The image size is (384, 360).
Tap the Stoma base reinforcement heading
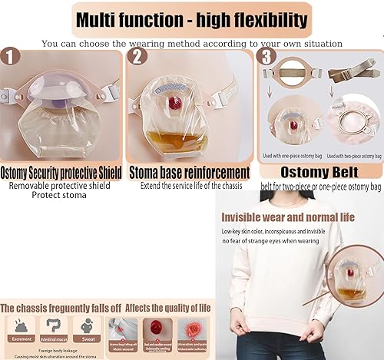[x=190, y=172]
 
